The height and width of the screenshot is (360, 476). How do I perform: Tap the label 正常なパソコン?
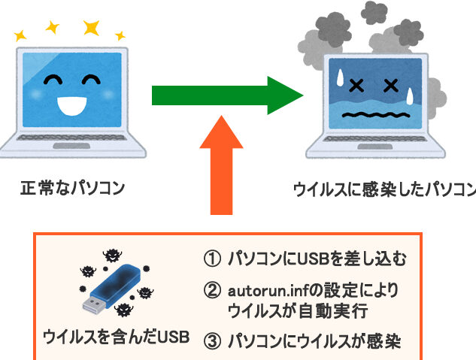pos(72,188)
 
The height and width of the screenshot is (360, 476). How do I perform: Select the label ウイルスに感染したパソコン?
pos(384,188)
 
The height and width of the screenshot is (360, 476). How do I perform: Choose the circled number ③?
pos(212,340)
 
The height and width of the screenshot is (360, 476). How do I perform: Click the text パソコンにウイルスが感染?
pos(314,340)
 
